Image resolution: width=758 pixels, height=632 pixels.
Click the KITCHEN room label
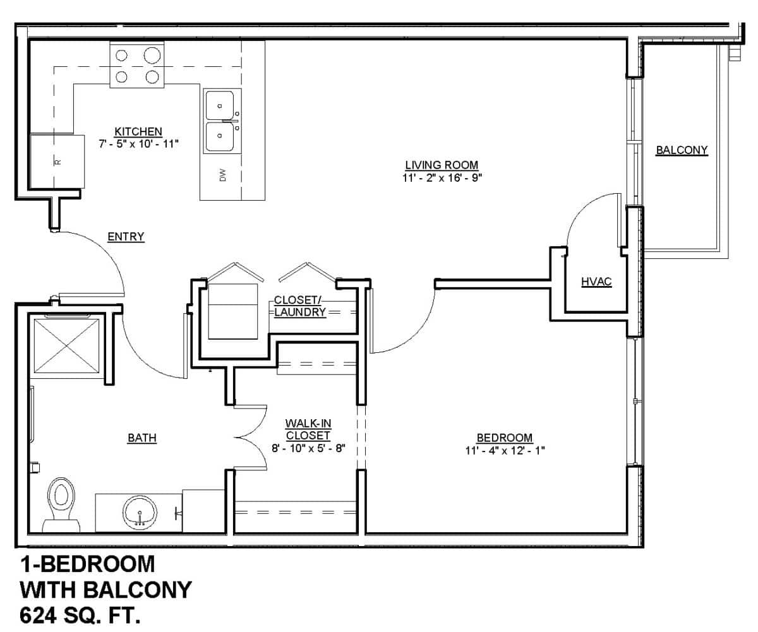click(138, 131)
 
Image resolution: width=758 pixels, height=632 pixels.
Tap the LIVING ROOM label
click(442, 165)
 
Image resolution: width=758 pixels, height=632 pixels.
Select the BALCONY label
click(682, 150)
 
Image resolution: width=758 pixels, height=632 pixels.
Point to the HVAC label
click(596, 282)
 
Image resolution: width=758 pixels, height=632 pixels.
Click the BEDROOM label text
click(504, 438)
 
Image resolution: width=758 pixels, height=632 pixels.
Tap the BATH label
click(142, 438)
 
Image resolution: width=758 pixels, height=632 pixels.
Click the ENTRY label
click(126, 237)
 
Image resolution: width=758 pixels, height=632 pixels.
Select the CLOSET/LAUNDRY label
click(299, 306)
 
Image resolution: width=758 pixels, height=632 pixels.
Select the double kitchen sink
click(220, 121)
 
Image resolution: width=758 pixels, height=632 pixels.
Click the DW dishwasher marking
click(222, 176)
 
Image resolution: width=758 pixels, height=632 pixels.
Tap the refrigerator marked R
click(57, 162)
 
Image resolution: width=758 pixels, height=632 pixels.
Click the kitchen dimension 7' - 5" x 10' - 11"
click(138, 143)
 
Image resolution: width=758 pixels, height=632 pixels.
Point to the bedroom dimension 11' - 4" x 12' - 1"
click(503, 450)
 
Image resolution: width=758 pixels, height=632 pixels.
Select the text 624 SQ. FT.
click(80, 614)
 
